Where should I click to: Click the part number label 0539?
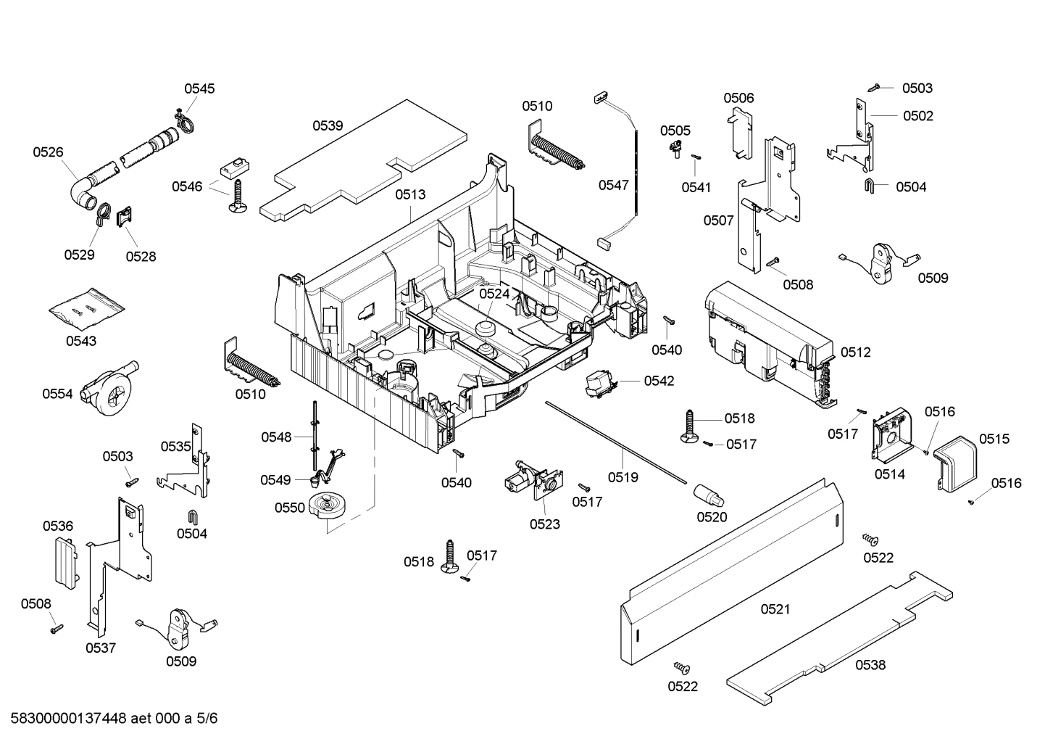(x=328, y=125)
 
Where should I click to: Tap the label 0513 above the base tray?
(x=410, y=194)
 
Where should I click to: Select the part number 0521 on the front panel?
(x=775, y=609)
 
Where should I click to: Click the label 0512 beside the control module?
(x=855, y=352)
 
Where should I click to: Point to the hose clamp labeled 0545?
(x=184, y=121)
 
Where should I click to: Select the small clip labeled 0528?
(x=125, y=215)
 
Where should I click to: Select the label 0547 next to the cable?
(x=613, y=185)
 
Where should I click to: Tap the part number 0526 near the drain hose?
(x=48, y=152)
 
